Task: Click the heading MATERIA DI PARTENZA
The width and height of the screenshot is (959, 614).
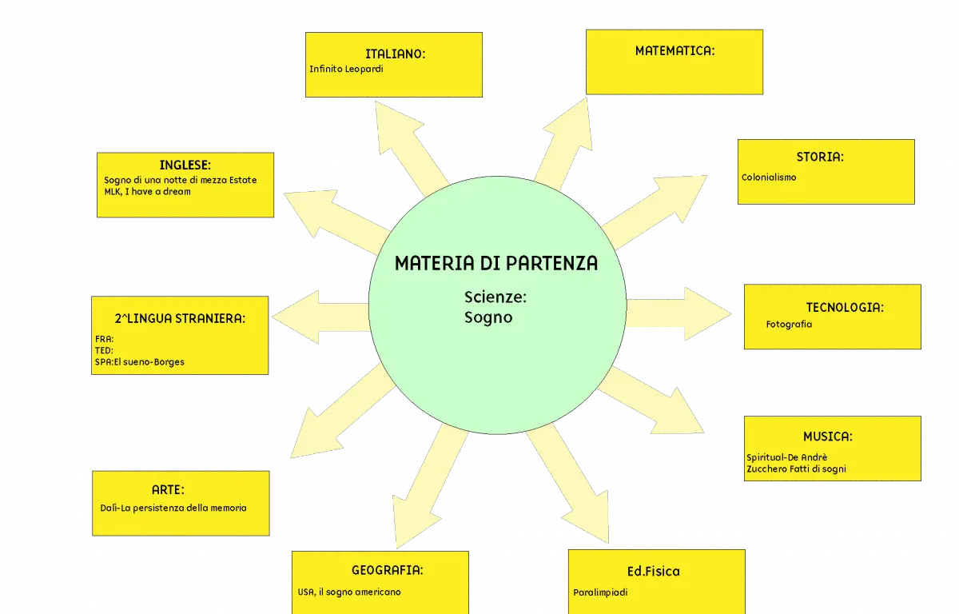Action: tap(495, 263)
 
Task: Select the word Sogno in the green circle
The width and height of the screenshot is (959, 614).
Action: tap(488, 317)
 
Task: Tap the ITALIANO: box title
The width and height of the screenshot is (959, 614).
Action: tap(395, 54)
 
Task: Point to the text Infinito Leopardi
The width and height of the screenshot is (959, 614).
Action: tap(346, 69)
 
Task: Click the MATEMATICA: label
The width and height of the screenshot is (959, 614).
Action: tap(674, 51)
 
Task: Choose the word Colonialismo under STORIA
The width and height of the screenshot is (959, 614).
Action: tap(769, 177)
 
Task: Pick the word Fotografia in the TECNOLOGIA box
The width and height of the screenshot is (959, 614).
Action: tap(789, 324)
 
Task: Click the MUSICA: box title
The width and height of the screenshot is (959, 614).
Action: tap(828, 437)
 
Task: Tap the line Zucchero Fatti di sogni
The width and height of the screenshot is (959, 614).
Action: tap(796, 468)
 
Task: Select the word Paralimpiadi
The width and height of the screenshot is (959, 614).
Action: tap(600, 592)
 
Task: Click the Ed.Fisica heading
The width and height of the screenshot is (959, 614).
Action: tap(654, 571)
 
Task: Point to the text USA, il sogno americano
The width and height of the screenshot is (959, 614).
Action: tap(349, 592)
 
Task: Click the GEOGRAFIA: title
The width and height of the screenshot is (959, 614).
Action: tap(387, 570)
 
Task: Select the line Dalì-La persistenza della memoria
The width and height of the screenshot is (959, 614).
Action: tap(173, 508)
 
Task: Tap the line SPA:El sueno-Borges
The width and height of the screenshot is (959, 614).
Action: tap(140, 362)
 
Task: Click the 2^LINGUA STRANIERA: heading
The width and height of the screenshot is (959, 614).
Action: tap(180, 318)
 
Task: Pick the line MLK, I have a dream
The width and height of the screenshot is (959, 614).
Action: tap(147, 191)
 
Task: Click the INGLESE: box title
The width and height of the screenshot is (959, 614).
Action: tap(185, 165)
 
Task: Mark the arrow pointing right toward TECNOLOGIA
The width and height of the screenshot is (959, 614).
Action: tap(679, 314)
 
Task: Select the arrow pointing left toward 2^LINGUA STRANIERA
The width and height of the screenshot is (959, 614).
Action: tap(320, 317)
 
